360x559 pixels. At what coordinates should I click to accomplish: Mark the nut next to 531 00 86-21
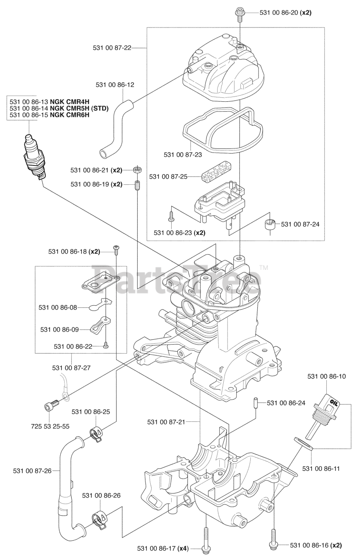(137, 169)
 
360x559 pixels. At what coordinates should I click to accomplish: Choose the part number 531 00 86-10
(326, 376)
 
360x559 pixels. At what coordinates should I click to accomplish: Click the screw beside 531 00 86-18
(117, 249)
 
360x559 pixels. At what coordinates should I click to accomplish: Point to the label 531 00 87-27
(71, 368)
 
